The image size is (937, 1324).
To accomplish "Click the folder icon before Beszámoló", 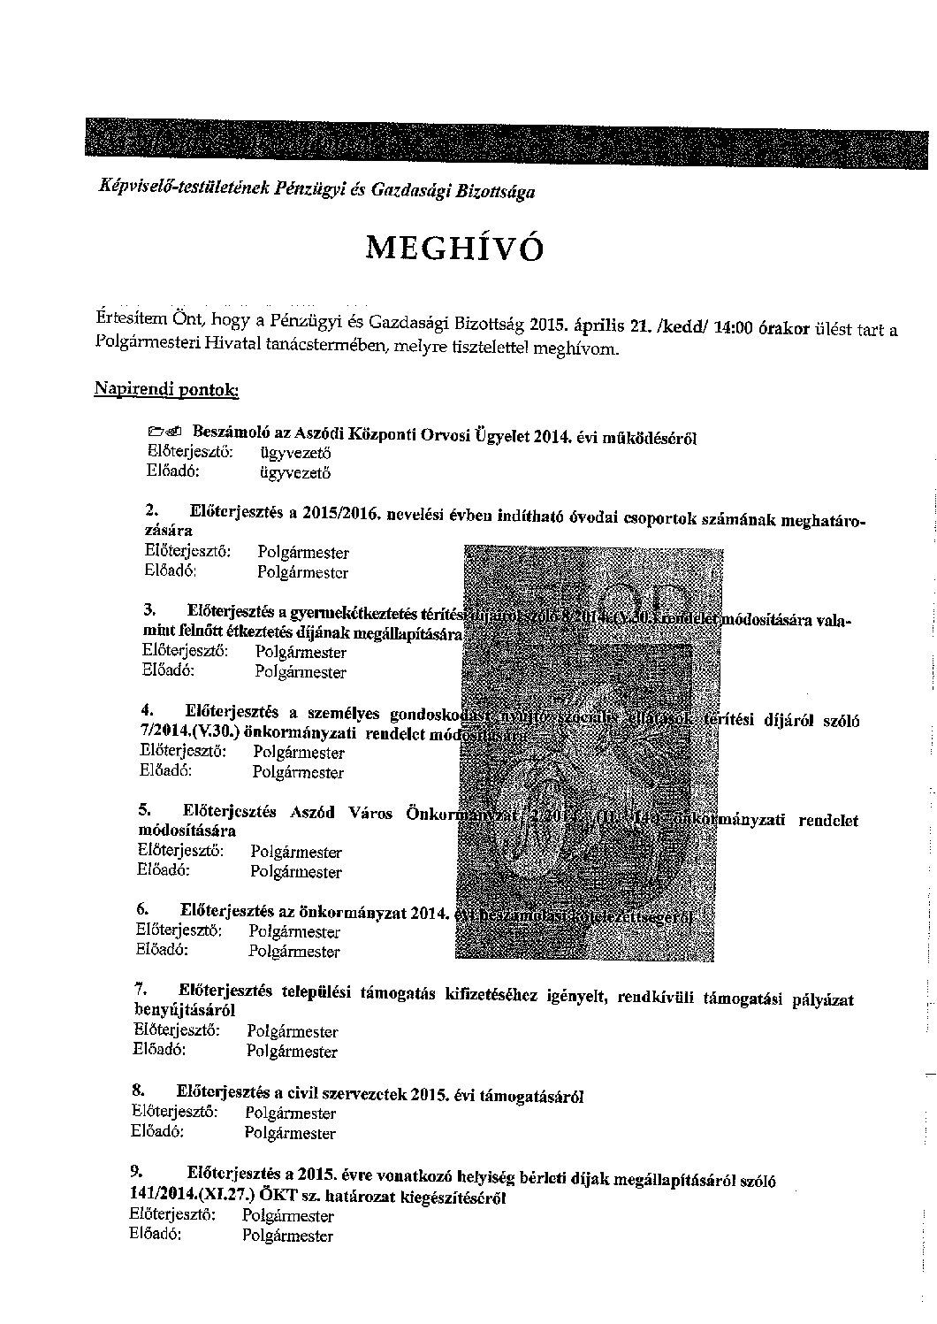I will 164,432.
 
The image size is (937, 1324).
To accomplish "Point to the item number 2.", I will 150,510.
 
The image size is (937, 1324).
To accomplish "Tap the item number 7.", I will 141,988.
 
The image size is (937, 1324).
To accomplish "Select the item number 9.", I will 137,1171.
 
